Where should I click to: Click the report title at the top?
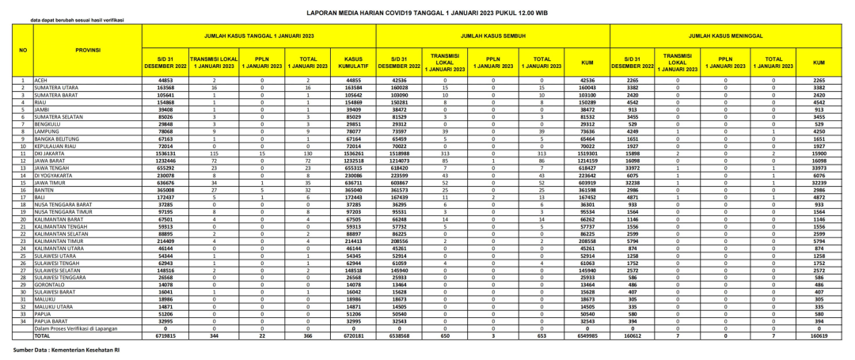[427, 13]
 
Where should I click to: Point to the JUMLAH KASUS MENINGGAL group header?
[727, 36]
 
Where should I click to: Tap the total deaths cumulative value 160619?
[819, 335]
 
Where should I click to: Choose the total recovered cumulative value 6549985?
[587, 335]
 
